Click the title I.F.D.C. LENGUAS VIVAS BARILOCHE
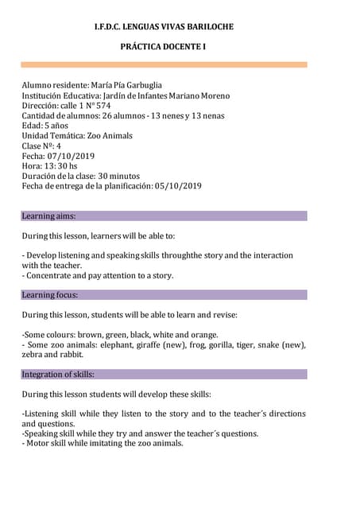click(x=164, y=27)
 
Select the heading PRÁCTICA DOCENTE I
click(x=163, y=47)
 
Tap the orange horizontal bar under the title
click(x=164, y=64)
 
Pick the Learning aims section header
click(x=49, y=216)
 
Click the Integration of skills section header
click(x=58, y=374)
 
